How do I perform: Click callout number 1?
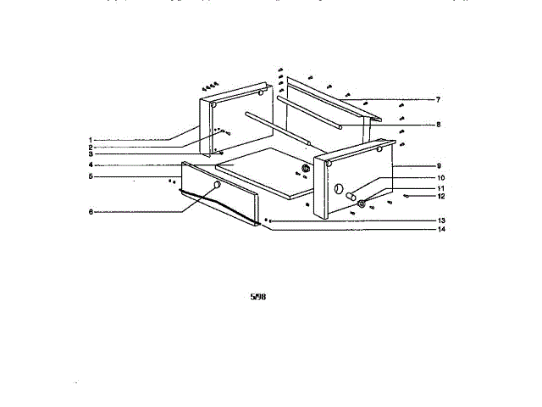89,139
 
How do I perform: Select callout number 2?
89,147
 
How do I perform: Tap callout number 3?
89,154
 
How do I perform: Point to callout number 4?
89,164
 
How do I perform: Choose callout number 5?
89,176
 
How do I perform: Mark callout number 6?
89,212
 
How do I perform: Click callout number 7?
438,100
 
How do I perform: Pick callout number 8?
438,125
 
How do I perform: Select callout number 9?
438,165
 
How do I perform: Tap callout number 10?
440,177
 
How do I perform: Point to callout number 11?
440,187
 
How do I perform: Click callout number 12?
440,197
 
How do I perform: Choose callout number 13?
440,220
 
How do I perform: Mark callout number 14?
440,229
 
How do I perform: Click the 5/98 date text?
260,298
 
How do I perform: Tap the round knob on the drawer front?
218,185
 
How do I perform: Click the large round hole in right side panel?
338,188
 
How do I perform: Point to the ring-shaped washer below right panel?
362,203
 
